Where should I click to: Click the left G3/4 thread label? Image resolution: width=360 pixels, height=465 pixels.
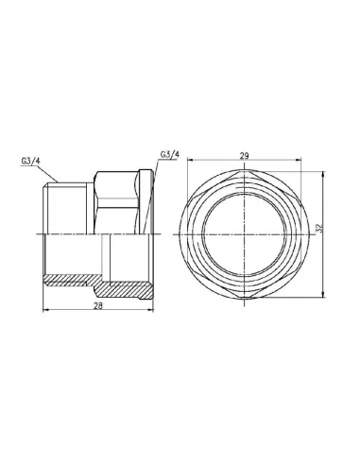coord(31,162)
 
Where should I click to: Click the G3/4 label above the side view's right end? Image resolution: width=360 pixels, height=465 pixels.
coord(170,155)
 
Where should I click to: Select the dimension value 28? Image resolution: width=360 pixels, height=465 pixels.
coord(98,305)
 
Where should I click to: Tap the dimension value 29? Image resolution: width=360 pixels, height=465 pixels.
coord(245,156)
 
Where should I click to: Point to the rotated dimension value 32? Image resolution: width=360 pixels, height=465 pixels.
coord(318,229)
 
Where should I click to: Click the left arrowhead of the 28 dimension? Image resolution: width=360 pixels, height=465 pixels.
coord(45,310)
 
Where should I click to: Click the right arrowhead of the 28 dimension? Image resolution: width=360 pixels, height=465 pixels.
coord(151,310)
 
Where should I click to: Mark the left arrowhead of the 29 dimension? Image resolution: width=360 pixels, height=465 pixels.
coord(190,161)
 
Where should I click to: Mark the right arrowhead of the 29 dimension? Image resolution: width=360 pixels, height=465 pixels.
coord(299,161)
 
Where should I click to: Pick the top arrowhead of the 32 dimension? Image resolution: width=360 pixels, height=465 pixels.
coord(323,174)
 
